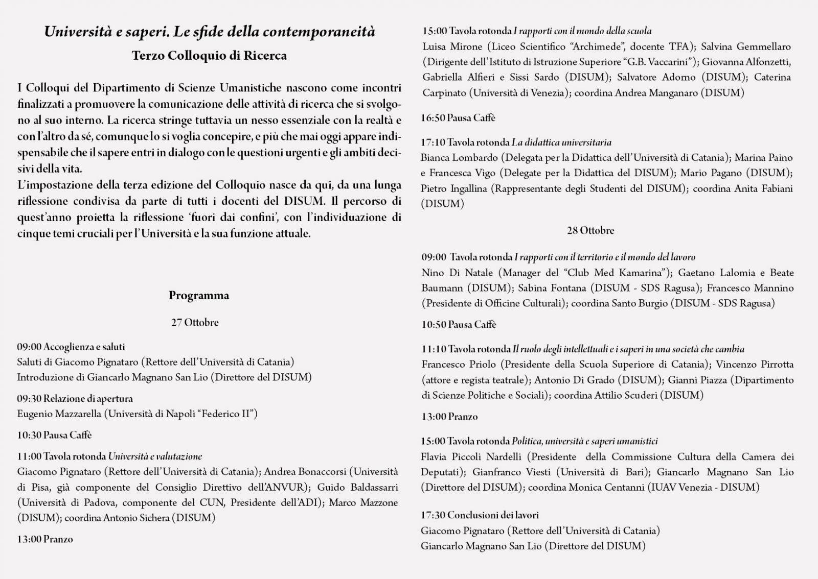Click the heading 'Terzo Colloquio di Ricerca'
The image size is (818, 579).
209,56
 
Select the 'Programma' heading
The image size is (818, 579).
199,296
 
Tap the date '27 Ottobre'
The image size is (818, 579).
195,323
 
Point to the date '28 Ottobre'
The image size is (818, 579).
590,231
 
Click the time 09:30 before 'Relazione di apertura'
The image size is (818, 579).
29,399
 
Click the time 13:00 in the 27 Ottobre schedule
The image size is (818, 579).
29,539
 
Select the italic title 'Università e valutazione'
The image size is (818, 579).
155,456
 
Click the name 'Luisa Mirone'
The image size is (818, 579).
452,47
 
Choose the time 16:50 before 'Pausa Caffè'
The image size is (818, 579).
433,118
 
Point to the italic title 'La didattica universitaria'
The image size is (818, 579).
561,142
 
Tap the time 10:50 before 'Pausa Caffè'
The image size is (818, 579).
433,325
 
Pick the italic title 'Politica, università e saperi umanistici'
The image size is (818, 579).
584,441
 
